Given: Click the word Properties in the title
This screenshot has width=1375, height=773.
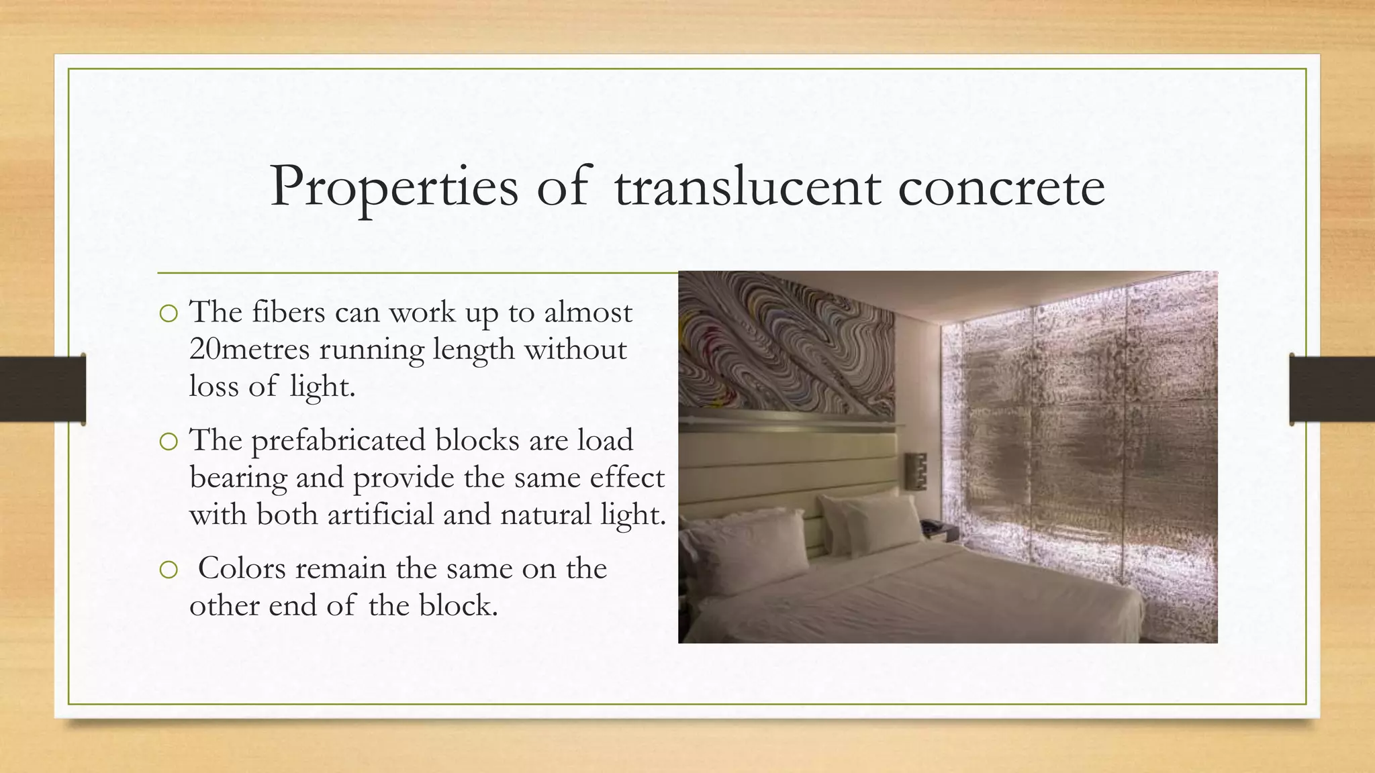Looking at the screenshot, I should [x=394, y=187].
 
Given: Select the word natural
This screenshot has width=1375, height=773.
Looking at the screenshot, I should [x=546, y=515].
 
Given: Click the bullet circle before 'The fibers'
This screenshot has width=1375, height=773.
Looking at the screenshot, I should [x=169, y=313].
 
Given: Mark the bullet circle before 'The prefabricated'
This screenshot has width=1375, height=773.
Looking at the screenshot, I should [x=169, y=442].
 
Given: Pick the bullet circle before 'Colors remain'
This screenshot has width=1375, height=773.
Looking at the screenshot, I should [x=169, y=570].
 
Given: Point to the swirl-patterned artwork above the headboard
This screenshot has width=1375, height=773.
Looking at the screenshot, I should [x=786, y=342].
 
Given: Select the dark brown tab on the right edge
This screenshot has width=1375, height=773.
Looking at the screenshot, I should [x=1332, y=389].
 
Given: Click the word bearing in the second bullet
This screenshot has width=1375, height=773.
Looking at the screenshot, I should [x=238, y=478].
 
